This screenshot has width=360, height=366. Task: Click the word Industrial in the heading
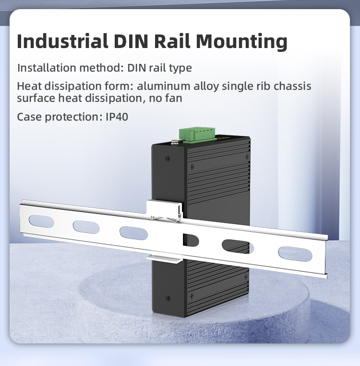[x=62, y=41]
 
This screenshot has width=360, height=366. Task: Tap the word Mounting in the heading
[x=241, y=42]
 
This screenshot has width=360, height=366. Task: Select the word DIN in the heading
[x=131, y=41]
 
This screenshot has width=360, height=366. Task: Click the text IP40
[x=117, y=117]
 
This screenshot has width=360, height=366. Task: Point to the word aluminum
[x=164, y=86]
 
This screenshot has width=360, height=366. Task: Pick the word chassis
[x=292, y=86]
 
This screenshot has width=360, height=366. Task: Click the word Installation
[x=47, y=68]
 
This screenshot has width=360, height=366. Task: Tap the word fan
[x=174, y=98]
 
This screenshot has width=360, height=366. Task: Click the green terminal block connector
[x=197, y=134]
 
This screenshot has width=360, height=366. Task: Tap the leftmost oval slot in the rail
[x=41, y=221]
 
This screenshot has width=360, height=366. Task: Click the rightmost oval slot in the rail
[x=295, y=254]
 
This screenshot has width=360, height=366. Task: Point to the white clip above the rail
[x=164, y=209]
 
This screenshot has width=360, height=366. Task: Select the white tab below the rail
[x=165, y=258]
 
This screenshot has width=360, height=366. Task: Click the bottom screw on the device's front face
[x=168, y=298]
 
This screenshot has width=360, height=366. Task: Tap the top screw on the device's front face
[x=168, y=159]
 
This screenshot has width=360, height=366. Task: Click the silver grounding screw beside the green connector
[x=174, y=142]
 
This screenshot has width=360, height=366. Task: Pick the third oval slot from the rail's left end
[x=133, y=233]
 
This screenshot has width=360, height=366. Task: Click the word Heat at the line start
[x=29, y=86]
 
